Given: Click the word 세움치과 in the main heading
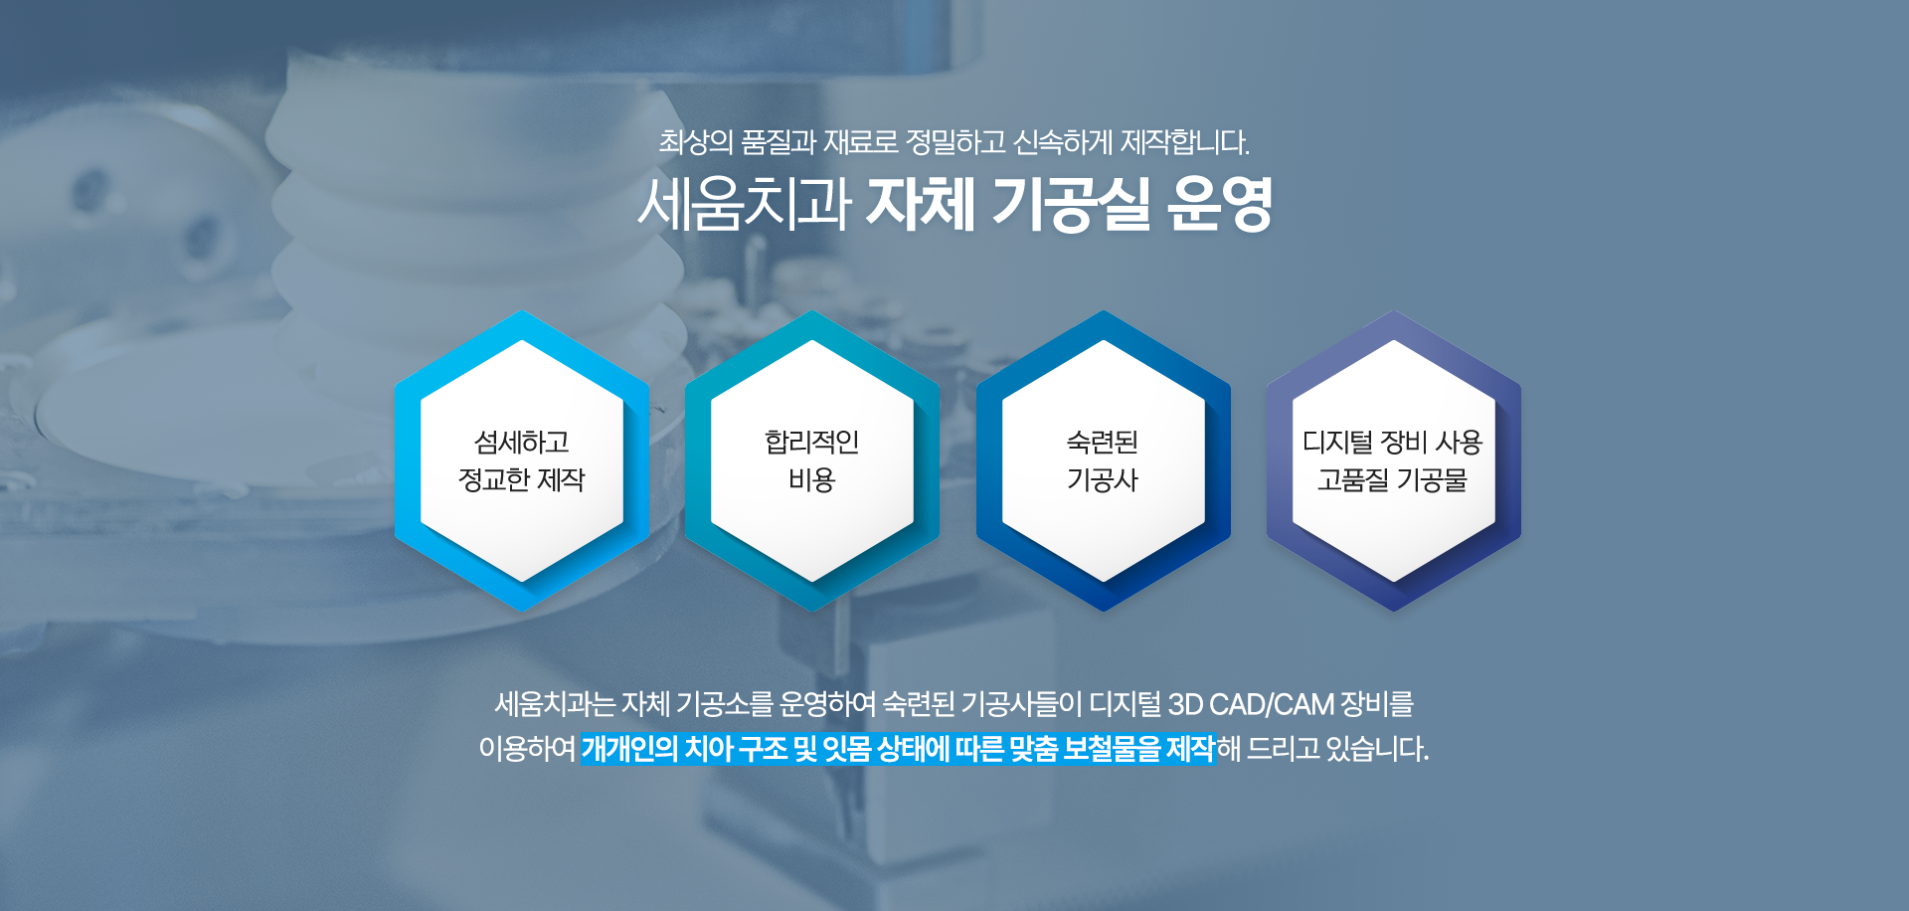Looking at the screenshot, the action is [745, 204].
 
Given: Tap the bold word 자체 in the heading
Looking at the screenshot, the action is [920, 204].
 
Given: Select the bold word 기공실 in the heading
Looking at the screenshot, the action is [1071, 204].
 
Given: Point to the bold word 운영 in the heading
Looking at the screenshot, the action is [1220, 204].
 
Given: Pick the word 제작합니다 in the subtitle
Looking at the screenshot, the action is [1184, 142].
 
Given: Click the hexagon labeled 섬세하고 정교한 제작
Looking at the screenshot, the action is [522, 460].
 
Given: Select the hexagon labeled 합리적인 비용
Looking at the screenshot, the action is [812, 460].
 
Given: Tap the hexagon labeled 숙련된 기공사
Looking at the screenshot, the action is [1103, 460].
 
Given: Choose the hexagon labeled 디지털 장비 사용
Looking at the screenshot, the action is [1393, 460].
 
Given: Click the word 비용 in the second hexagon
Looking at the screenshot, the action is [812, 480].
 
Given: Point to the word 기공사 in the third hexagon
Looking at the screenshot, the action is [1103, 480].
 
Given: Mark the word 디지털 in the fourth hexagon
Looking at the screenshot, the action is [1338, 442].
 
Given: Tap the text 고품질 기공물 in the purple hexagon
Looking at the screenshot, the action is [1393, 480].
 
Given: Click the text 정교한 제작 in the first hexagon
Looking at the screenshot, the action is [522, 480].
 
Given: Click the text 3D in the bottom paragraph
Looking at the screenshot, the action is [1185, 704].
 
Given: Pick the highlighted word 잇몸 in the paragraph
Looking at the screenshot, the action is [847, 748].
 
